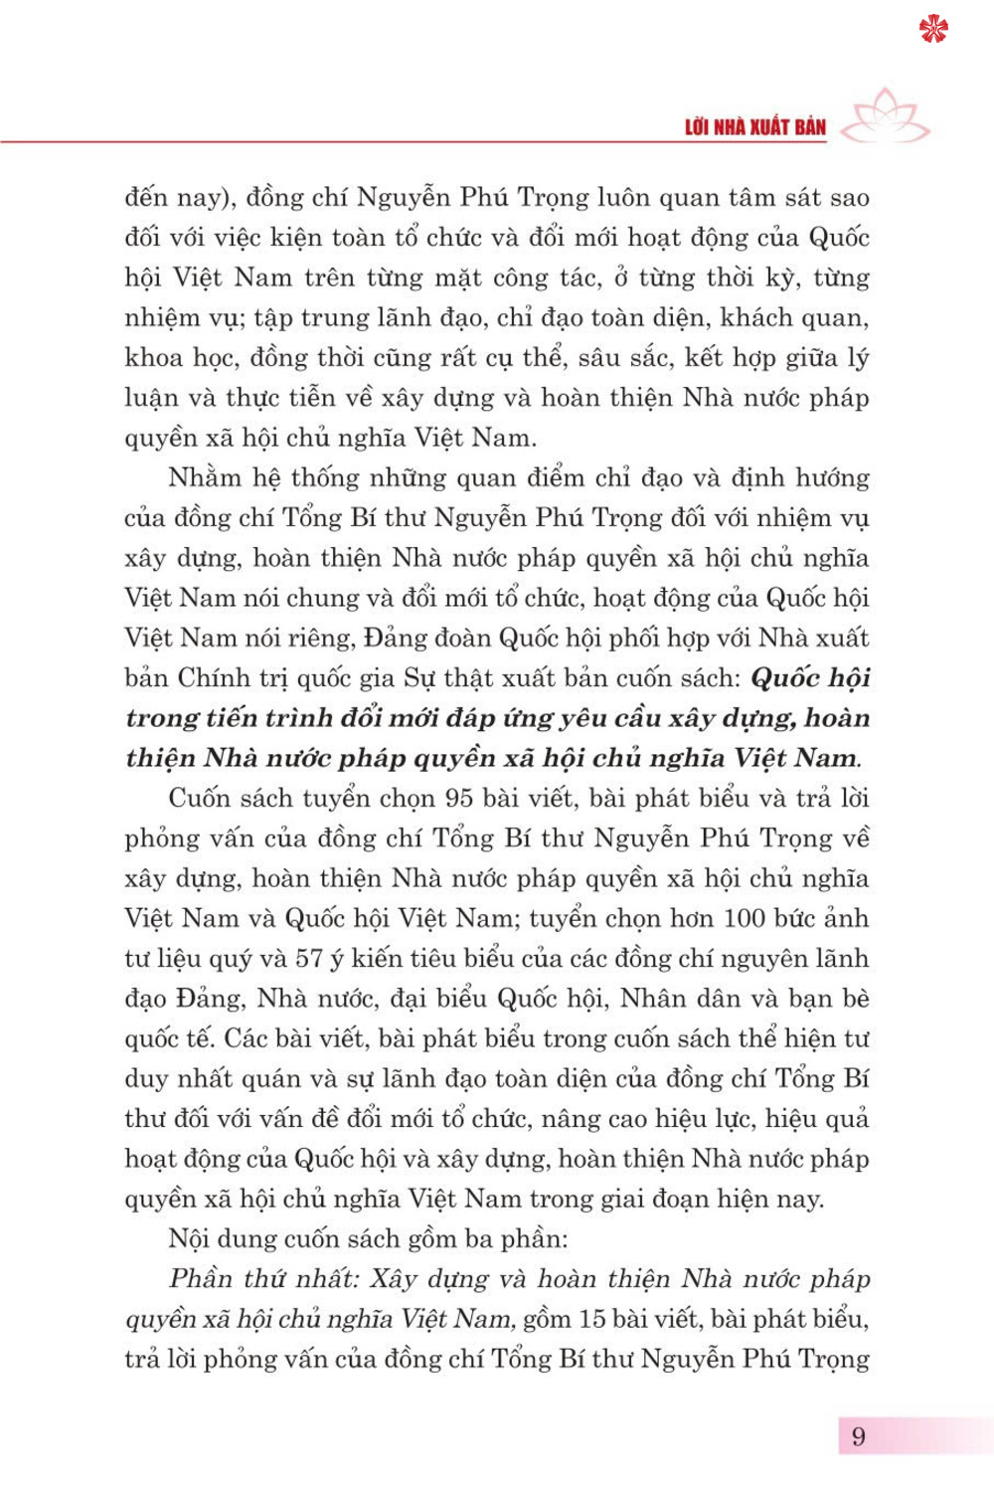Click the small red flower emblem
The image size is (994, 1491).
[x=933, y=29]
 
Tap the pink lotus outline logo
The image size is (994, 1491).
[x=886, y=116]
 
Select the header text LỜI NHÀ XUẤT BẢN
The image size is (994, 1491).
[x=755, y=127]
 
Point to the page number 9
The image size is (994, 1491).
[x=859, y=1436]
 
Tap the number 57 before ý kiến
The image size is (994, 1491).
[x=309, y=959]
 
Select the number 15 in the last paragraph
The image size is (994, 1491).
[x=593, y=1320]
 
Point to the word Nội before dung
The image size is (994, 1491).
[x=189, y=1239]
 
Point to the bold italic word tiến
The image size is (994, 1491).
[x=235, y=718]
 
